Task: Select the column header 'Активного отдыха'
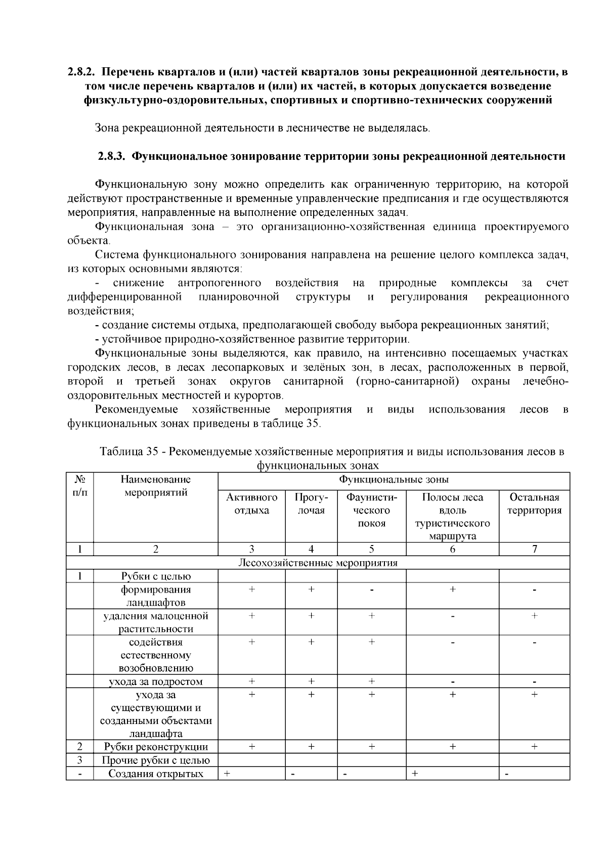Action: (x=251, y=504)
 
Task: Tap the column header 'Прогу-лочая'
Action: (x=311, y=504)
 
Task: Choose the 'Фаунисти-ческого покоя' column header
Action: (x=371, y=510)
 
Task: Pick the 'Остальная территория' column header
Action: (x=534, y=504)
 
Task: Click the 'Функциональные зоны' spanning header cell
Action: (x=394, y=479)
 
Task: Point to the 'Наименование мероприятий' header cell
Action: (x=155, y=486)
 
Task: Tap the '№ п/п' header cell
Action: (x=79, y=486)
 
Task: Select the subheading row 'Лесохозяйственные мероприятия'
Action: (x=318, y=562)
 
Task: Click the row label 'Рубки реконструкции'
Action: (x=156, y=747)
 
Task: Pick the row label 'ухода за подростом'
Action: (x=156, y=682)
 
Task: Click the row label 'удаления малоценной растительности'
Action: (x=156, y=622)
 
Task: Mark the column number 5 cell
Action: (x=371, y=550)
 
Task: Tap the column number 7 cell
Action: (x=534, y=550)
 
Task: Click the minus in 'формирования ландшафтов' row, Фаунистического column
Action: (x=371, y=590)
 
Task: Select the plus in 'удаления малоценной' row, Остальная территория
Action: (x=534, y=616)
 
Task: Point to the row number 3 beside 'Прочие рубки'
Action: (x=79, y=760)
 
